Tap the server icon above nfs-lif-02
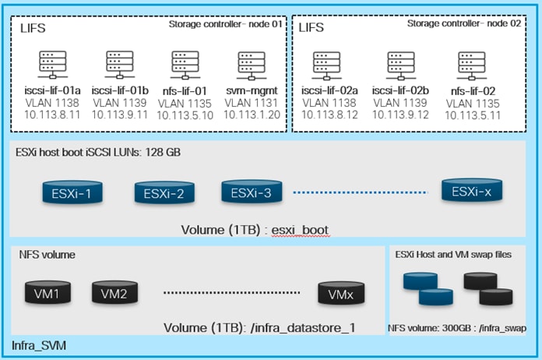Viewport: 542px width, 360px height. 467,65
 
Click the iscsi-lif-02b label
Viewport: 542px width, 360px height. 401,92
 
